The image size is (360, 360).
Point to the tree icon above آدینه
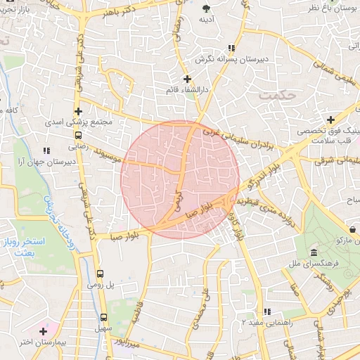point(207,8)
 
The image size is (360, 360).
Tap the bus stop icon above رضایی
point(78,136)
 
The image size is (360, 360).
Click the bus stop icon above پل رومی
point(99,274)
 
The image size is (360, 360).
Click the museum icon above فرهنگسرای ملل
point(312,252)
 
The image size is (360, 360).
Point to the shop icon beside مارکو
point(352,229)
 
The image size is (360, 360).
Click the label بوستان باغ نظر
point(334,6)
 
